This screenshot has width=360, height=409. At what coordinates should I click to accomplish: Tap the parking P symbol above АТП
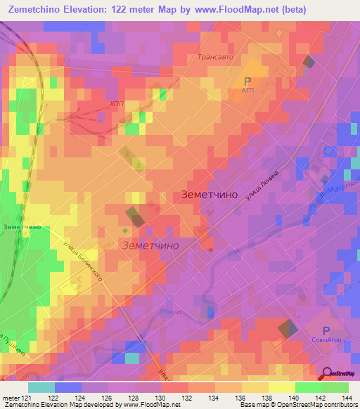point(247,81)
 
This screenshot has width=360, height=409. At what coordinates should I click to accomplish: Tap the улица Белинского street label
point(87,259)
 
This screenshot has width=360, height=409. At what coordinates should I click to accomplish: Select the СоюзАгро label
point(326,341)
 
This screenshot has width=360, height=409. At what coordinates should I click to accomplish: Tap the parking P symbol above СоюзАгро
point(326,330)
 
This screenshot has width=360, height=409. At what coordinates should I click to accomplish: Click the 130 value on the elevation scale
point(162,397)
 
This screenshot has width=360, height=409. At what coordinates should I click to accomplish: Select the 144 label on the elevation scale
point(348,397)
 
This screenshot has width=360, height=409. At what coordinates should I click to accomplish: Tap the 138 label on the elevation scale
point(269,397)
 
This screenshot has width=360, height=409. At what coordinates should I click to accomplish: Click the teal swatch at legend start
point(41,387)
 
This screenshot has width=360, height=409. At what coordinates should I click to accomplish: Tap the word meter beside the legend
point(11,397)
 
